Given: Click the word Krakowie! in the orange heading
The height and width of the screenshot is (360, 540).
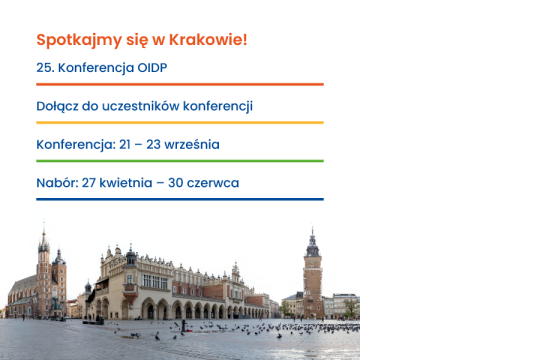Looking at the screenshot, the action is coord(208,40).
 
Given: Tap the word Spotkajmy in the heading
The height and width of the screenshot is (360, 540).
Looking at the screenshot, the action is coord(79,41).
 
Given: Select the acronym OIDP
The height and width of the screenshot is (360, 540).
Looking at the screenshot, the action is coord(152,68).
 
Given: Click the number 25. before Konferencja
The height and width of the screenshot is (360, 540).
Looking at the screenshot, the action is coord(45,68).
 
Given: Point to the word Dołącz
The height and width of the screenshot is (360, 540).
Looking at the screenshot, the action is coord(57,106).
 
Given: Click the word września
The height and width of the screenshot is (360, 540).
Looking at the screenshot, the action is coord(192,145).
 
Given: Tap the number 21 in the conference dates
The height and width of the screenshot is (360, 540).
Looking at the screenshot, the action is coord(125,145).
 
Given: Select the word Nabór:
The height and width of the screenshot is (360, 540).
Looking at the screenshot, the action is coord(58,183).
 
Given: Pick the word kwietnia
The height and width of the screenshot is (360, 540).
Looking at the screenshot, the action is coord(126,183).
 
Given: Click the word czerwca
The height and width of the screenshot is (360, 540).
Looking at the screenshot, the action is coord(213,183).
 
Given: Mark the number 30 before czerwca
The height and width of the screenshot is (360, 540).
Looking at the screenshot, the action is coord(176,183).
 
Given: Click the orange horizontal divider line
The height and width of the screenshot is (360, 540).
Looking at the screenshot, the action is coord(180,84).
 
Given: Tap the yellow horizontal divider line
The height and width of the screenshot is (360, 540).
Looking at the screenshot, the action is coord(180,122).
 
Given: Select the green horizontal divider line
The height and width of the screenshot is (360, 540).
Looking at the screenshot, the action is coord(180,161).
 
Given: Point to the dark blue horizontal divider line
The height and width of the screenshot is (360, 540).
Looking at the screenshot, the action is coord(180,199).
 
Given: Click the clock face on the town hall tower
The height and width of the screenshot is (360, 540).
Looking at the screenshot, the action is coord(312,262).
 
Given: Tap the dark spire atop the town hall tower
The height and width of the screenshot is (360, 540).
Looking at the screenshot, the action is coord(312,242).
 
